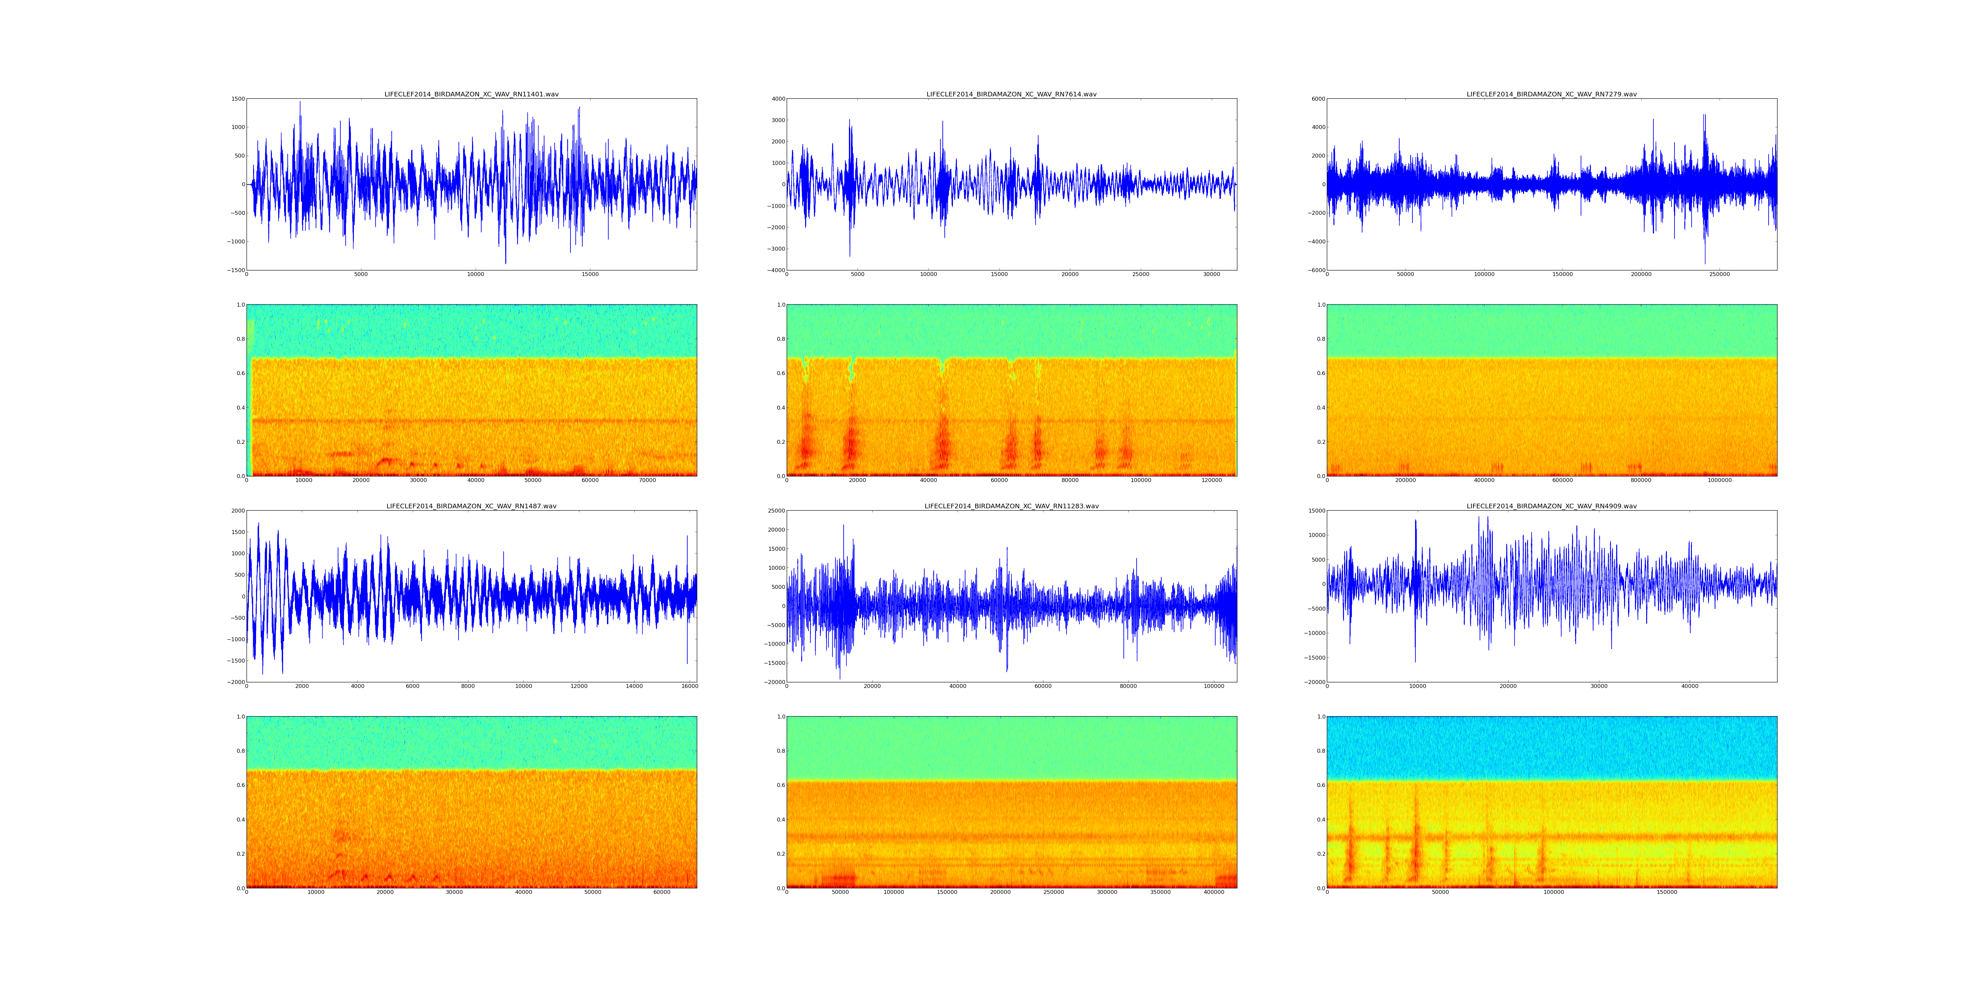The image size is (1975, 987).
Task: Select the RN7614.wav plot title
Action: pos(1011,94)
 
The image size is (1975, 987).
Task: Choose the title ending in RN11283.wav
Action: pos(1011,507)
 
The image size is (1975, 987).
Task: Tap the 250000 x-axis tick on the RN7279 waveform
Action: pos(1720,274)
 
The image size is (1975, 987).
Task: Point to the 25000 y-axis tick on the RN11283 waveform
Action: pos(775,511)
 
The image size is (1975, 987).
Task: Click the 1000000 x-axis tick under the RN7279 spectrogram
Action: pos(1720,480)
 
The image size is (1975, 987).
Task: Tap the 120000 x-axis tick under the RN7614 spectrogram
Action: pos(1211,480)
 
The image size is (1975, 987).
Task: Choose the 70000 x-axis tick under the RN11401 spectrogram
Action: pos(647,480)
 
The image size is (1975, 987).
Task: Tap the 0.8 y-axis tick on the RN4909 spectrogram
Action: pos(1320,751)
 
